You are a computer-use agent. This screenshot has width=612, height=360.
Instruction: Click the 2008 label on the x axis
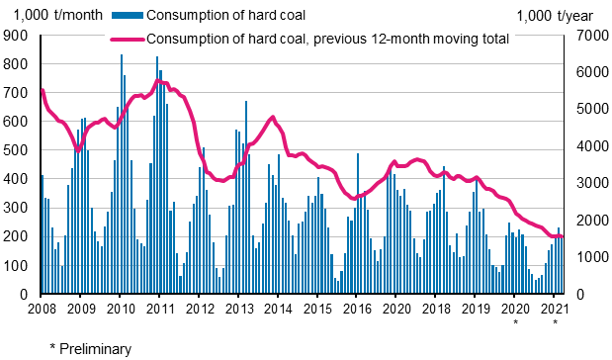tap(41, 308)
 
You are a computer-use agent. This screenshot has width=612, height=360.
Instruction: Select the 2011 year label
tap(159, 308)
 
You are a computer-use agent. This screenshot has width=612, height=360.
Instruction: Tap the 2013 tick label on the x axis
tap(238, 308)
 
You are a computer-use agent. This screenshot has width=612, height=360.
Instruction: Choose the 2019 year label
tap(475, 308)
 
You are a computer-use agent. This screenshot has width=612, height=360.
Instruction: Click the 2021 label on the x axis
tap(554, 308)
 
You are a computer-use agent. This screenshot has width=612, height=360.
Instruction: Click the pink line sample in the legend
tap(126, 39)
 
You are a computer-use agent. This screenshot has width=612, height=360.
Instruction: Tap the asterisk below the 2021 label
tap(555, 322)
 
